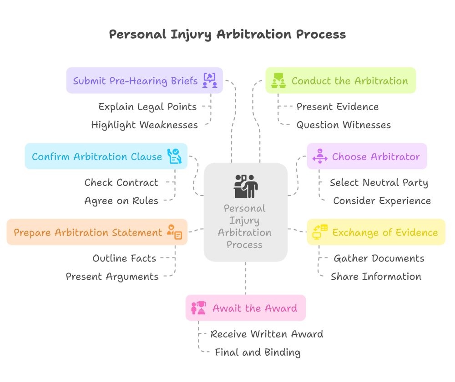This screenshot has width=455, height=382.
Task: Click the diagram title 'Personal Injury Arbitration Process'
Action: pos(227,35)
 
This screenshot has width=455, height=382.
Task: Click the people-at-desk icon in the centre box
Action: pos(246,186)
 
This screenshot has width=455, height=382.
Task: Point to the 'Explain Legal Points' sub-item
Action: pos(147,107)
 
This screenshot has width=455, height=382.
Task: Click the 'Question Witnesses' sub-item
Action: pos(344,125)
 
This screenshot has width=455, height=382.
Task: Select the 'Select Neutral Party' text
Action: pos(379,183)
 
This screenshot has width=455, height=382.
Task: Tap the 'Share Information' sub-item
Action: pos(376,276)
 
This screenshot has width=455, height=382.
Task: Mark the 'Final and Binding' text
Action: pos(258,352)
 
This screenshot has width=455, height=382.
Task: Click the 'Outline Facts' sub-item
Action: pos(124,258)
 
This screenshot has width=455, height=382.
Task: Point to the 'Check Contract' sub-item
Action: pos(121,183)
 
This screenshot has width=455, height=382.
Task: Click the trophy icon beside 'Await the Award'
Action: pos(199,308)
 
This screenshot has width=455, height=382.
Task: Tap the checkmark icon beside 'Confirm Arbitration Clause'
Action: pos(174,156)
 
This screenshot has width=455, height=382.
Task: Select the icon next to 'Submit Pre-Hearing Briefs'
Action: pos(210,80)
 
